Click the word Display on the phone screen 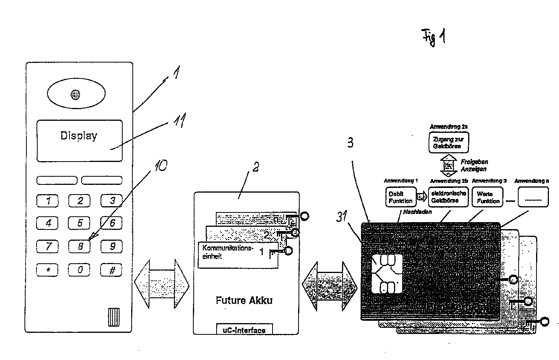coord(79,136)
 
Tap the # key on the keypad coord(111,270)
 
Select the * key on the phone coord(47,270)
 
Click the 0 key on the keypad coord(80,270)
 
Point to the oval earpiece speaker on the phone coord(76,94)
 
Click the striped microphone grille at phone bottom coord(114,317)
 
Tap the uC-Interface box coord(244,329)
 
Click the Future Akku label coord(244,300)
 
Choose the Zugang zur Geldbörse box coord(448,143)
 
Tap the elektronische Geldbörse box coord(448,197)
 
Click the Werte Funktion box coord(488,197)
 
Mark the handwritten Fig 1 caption coord(434,38)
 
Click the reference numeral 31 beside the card coord(342,217)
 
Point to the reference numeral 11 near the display coord(178,121)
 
